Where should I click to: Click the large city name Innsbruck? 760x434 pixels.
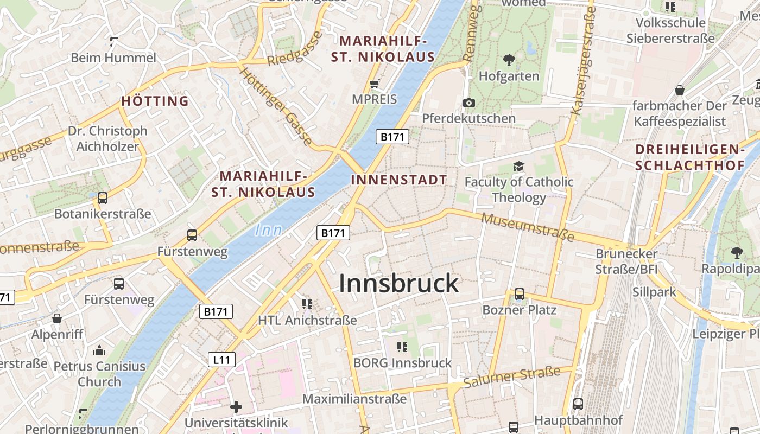[399, 284]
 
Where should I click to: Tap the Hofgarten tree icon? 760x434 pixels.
[509, 60]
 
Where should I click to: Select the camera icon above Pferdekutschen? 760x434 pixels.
[469, 103]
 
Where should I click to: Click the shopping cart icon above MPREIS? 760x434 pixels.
[374, 84]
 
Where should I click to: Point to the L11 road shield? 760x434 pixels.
[221, 359]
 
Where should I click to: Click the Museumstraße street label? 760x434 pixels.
[528, 227]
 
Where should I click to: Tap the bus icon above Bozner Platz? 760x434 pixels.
[520, 294]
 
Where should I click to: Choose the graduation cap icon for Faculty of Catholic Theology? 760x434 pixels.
[519, 166]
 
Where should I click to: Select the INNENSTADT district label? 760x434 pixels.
[399, 180]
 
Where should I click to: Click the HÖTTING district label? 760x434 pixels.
[155, 101]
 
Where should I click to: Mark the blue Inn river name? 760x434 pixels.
[268, 230]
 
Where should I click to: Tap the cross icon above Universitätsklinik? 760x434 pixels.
[236, 406]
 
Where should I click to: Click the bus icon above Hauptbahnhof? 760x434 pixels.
[578, 404]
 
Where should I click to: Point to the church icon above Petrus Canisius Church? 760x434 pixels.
[99, 350]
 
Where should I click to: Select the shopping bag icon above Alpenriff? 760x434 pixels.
[57, 318]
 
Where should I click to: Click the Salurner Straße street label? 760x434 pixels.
[511, 378]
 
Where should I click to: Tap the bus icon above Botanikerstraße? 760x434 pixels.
[103, 198]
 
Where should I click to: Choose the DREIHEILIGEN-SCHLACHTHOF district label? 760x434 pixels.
[689, 157]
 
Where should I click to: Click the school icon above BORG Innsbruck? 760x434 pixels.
[402, 347]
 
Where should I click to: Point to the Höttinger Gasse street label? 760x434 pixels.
[276, 107]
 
